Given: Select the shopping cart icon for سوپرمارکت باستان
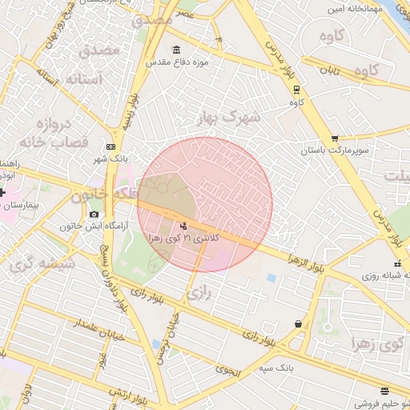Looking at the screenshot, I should click(335, 138).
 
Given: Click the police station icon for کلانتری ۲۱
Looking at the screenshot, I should click(184, 227).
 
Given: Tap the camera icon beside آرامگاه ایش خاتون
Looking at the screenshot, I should click(94, 214).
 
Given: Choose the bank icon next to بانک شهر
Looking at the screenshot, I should click(111, 147).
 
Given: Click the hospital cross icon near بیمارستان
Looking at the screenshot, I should click(2, 193).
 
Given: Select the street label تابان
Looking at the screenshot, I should click(332, 70).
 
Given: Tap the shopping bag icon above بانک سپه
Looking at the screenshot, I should click(299, 324).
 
